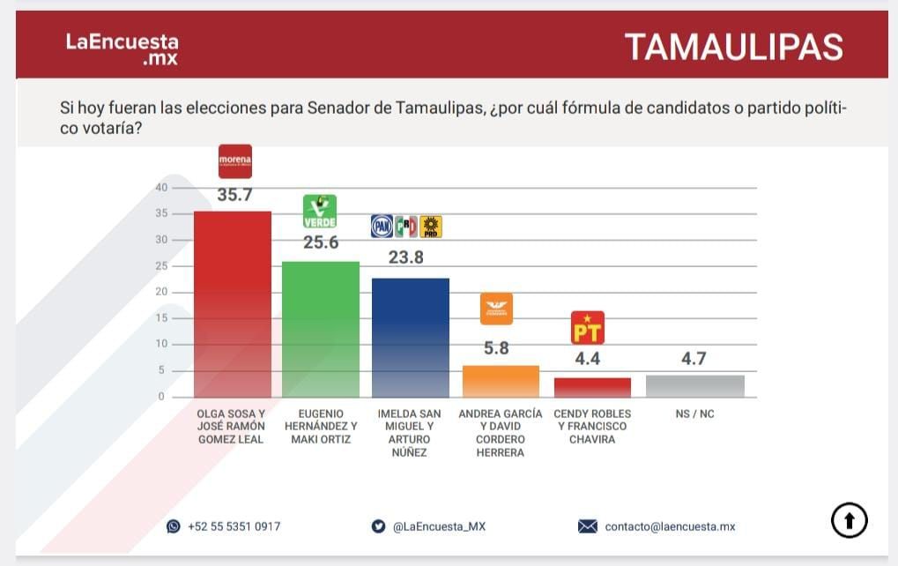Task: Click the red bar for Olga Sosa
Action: coord(232,304)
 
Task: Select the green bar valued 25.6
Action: coord(321,329)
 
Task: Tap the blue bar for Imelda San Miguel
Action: coord(411,338)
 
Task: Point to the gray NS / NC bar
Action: coord(695,386)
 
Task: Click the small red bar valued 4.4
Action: coord(592,388)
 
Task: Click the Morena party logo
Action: coord(235,161)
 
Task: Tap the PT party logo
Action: coord(588,327)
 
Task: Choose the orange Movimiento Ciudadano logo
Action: coord(496,309)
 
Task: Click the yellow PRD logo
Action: coord(431,227)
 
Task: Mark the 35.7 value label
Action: coord(234,196)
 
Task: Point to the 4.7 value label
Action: coord(694,359)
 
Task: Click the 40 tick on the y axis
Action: coord(161,187)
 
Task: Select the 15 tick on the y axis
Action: coord(161,318)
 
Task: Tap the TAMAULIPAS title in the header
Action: coord(733,47)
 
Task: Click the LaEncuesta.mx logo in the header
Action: coord(122,49)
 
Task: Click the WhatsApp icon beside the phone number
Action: coord(174,526)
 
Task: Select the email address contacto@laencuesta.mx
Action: coord(670,526)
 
